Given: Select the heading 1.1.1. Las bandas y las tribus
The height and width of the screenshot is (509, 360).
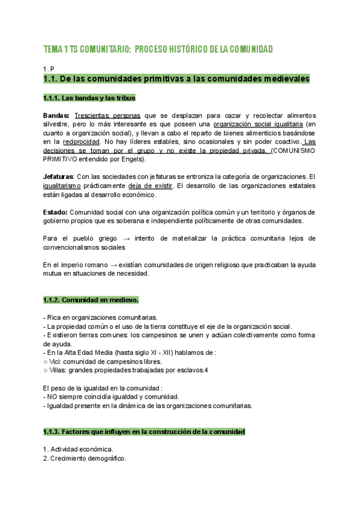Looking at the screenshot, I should click(x=89, y=97).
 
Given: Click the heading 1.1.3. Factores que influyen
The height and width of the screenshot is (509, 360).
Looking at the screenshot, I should click(x=144, y=432).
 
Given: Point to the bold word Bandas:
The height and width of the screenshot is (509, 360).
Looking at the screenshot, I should click(x=56, y=115).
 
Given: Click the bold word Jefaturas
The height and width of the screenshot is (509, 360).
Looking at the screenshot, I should click(x=58, y=176).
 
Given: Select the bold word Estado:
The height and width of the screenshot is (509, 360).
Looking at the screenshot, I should click(x=56, y=212).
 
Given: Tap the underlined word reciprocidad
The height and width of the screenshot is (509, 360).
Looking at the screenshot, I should click(x=81, y=142).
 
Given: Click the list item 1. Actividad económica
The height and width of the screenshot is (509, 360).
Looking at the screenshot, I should click(x=78, y=449).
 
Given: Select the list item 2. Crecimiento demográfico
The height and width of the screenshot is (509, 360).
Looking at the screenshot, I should click(x=85, y=458).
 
